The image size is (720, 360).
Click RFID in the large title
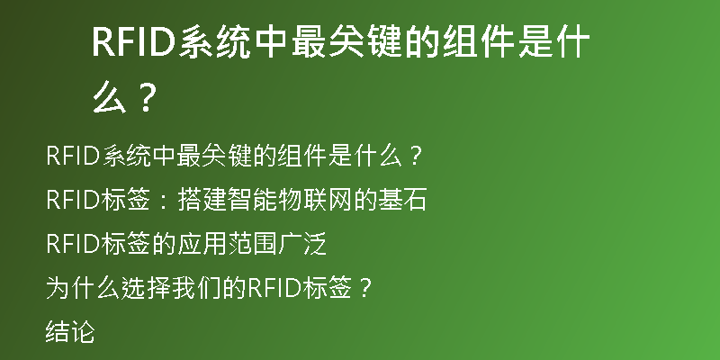(134, 42)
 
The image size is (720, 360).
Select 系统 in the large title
(214, 42)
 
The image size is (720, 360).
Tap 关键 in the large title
(364, 42)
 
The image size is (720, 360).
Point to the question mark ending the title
(147, 98)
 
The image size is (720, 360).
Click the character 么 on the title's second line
(110, 98)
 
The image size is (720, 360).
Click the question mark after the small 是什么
(415, 157)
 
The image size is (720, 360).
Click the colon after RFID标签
(164, 201)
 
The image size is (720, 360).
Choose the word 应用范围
(227, 244)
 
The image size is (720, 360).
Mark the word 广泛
(301, 244)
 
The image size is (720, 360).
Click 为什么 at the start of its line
(83, 288)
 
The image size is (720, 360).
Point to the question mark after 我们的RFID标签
(364, 289)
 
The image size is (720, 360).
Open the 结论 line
(70, 332)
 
